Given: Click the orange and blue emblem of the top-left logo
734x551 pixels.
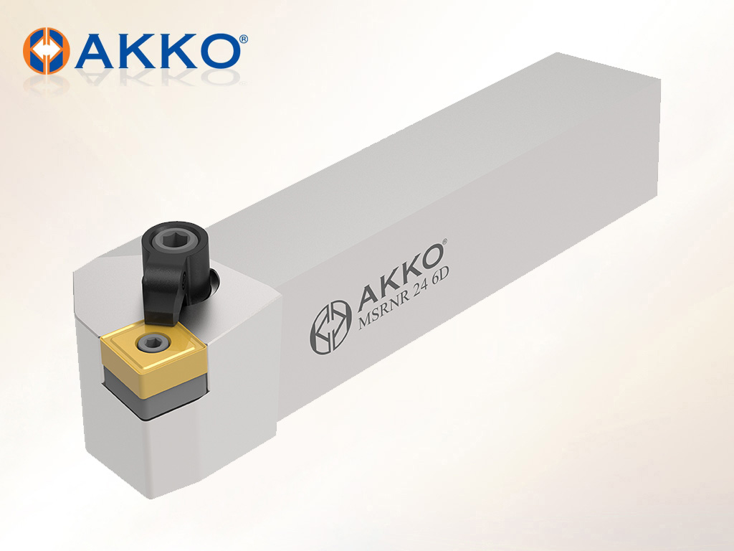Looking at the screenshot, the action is [x=47, y=51].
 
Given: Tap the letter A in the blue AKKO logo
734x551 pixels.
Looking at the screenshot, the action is [x=95, y=51].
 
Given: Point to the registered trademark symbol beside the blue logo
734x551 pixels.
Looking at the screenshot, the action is [x=244, y=39].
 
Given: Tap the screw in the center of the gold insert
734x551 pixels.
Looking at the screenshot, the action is [x=149, y=344].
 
